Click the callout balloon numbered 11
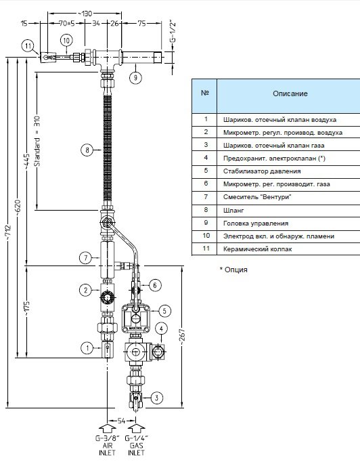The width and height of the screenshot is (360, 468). (28, 46)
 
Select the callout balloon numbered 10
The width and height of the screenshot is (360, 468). (66, 41)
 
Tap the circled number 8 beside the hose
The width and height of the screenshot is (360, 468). (87, 150)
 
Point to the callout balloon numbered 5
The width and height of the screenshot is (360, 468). (164, 311)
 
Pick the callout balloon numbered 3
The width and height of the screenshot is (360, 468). (157, 398)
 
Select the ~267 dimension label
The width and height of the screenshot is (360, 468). (183, 335)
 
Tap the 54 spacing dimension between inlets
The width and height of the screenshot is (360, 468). (121, 421)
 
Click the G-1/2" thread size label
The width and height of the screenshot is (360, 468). (173, 32)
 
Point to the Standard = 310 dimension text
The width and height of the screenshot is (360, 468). (37, 141)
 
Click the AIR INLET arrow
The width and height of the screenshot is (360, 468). (107, 429)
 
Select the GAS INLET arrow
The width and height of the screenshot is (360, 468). (136, 429)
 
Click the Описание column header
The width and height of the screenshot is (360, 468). (290, 93)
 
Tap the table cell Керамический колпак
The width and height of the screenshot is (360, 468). (257, 249)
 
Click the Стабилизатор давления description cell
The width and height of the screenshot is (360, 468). (262, 171)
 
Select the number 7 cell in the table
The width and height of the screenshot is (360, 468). (206, 196)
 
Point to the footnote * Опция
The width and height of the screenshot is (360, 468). (233, 270)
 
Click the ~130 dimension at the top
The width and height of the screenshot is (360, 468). (85, 14)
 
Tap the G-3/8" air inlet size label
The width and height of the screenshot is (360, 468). (108, 438)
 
